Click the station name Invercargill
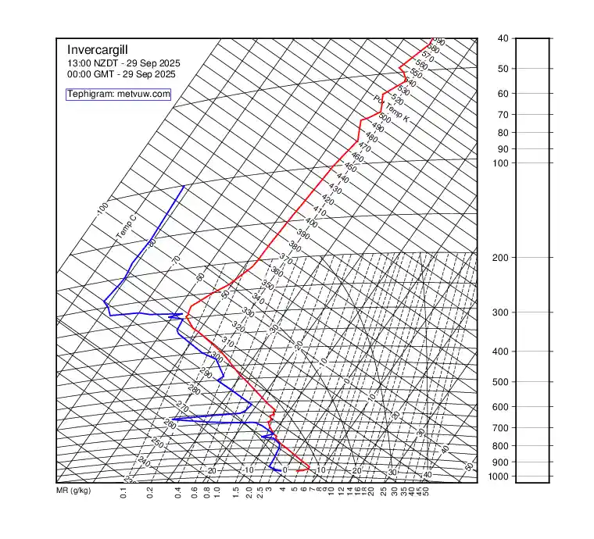(x=98, y=49)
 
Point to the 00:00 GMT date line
(x=121, y=74)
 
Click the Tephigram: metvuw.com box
(x=118, y=94)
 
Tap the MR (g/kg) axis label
(x=73, y=491)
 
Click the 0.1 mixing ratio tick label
(x=123, y=492)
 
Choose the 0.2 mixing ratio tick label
(x=150, y=492)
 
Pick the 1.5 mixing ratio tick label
(x=235, y=492)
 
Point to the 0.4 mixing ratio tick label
(x=178, y=492)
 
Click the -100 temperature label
(x=102, y=209)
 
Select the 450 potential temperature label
(x=350, y=168)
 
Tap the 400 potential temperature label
(x=311, y=223)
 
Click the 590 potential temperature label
(x=439, y=42)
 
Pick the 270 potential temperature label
(x=182, y=408)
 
